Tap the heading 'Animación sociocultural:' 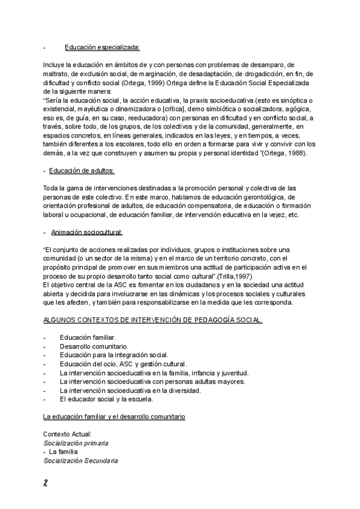coord(86,232)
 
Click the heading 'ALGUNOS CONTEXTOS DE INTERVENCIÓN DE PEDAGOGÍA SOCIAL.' coord(153,321)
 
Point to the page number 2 coord(46,482)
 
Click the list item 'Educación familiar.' coord(88,338)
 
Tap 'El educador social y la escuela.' coord(107,399)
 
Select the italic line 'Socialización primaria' coord(76,442)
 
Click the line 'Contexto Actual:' coord(67,433)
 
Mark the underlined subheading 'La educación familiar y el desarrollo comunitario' coord(115,416)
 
